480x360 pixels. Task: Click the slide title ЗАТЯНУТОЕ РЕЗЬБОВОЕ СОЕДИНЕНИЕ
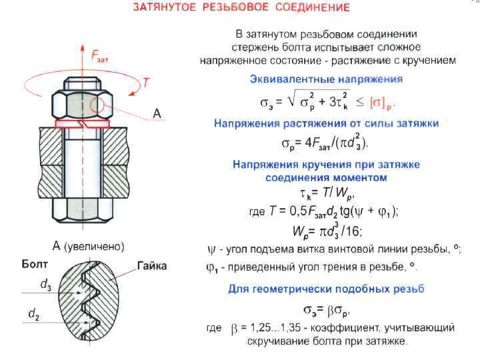pos(241,9)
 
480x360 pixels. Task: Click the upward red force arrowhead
pos(82,49)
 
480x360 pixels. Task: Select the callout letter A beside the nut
pos(157,114)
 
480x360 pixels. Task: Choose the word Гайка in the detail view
pos(152,266)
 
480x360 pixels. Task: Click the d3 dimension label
pos(46,285)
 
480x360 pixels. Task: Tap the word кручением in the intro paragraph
pos(431,60)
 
